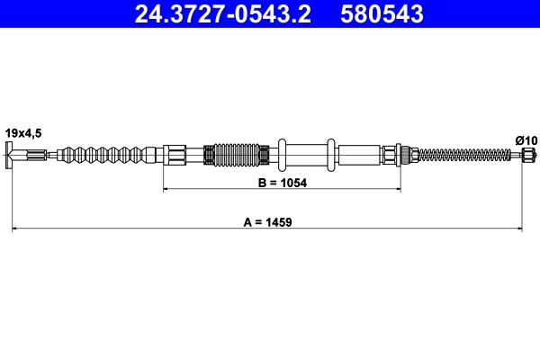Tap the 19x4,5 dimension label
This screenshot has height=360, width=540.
click(23, 132)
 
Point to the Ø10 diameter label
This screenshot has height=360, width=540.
click(526, 139)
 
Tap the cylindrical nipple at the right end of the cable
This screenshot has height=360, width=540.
click(527, 155)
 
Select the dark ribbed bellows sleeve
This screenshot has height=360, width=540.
click(237, 155)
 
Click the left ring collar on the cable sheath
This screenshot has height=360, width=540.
click(283, 155)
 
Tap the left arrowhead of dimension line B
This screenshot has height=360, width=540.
click(166, 190)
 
